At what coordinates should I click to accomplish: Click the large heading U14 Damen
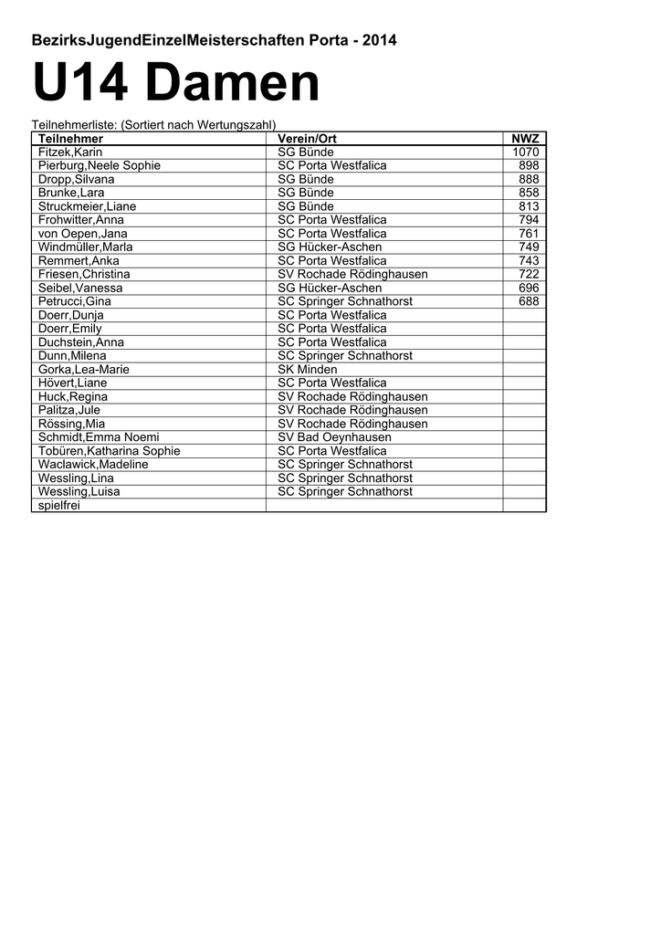click(x=176, y=84)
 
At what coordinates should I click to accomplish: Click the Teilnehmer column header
click(x=70, y=139)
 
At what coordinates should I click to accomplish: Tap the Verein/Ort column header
click(x=307, y=139)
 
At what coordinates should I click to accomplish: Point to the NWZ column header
click(x=525, y=139)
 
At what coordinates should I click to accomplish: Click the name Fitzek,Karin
click(x=69, y=152)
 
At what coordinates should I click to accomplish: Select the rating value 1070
click(x=526, y=152)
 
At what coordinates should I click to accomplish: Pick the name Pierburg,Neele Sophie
click(x=99, y=166)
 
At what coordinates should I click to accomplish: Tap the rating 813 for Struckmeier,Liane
click(x=529, y=206)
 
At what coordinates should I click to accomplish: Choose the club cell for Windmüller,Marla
click(x=330, y=247)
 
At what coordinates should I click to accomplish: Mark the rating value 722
click(x=529, y=274)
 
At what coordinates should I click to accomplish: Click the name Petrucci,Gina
click(x=75, y=301)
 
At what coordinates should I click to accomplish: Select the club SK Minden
click(x=307, y=370)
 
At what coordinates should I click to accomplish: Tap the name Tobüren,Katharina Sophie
click(x=109, y=451)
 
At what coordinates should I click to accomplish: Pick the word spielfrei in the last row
click(x=59, y=505)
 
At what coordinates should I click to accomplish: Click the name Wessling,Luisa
click(x=79, y=491)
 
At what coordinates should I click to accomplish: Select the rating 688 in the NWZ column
click(x=529, y=301)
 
